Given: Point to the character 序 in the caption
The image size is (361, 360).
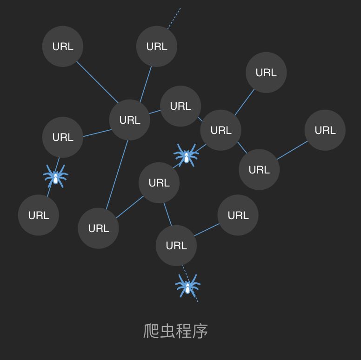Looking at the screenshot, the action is pos(200,331).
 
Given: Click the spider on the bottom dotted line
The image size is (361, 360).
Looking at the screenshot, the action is pos(187,286).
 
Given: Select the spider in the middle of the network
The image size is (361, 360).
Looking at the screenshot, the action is pos(186,155).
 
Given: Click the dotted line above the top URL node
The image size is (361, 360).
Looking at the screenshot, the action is pos(175,17).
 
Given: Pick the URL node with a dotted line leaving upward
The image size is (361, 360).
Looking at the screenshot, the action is pos(157,47).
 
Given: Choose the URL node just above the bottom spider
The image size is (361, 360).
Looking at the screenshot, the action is pos(176,246).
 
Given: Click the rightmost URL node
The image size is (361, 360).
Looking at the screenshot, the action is pos(325,130).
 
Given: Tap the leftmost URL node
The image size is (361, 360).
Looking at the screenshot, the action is pos(39,215).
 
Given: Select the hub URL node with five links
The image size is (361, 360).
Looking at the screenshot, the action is pos(130,120).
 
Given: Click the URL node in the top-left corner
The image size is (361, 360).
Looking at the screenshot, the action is pos(63,47).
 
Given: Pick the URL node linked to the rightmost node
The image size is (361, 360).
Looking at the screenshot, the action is pos(259,170).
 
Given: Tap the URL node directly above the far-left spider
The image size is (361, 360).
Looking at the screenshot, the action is pos(63,137).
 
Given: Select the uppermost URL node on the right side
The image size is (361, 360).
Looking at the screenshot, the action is pos(266,73).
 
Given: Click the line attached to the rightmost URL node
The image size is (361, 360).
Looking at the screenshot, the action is pos(292,150).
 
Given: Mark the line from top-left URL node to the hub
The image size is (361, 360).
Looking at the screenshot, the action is pos(97,82).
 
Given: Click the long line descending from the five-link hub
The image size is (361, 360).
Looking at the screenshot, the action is pos(117,174).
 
